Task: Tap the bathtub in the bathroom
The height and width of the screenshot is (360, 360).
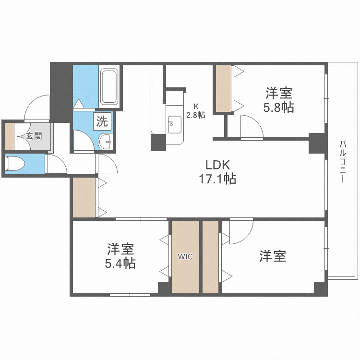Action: point(109,87)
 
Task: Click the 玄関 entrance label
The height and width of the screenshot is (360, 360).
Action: point(34,136)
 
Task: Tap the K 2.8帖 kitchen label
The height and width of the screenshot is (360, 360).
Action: point(196,111)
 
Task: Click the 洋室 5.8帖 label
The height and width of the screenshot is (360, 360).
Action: point(279,99)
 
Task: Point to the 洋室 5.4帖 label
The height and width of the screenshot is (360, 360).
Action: point(120,256)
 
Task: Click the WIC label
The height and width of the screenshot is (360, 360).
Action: point(185,257)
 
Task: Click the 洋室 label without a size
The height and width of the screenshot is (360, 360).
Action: point(273,256)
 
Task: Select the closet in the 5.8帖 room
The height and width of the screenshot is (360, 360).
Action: point(223,89)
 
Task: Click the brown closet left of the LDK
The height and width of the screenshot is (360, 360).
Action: point(84,197)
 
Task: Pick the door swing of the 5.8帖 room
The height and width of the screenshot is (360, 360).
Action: point(251,127)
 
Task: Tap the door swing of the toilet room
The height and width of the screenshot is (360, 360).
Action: point(57,165)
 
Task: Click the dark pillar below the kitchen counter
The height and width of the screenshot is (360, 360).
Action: point(158,143)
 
